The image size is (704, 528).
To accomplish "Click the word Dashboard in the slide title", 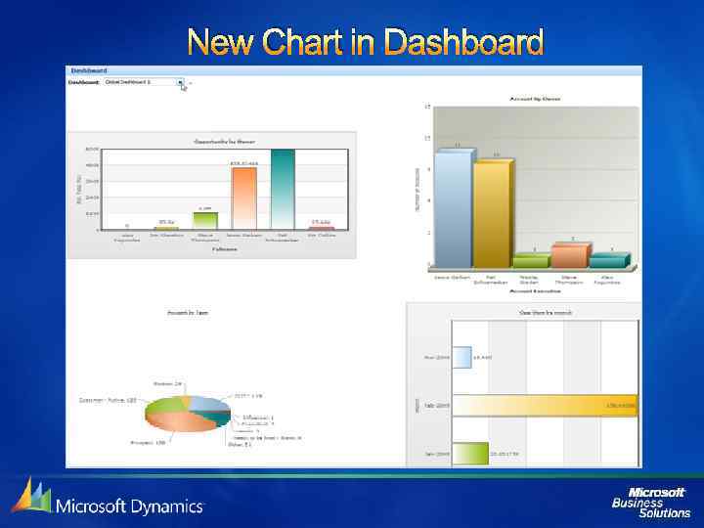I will pyautogui.click(x=463, y=43).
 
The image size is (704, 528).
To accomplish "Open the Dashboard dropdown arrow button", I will pyautogui.click(x=180, y=83).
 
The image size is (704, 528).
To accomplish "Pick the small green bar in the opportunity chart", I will pyautogui.click(x=205, y=219).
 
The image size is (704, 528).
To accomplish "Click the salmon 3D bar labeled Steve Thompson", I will pyautogui.click(x=569, y=255).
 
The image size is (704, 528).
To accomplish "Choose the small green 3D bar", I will pyautogui.click(x=531, y=259).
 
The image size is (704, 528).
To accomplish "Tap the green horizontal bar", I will pyautogui.click(x=471, y=454).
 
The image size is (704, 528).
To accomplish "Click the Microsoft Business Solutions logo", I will pyautogui.click(x=651, y=503).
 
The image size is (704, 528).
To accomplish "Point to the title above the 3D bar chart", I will pyautogui.click(x=534, y=99).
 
